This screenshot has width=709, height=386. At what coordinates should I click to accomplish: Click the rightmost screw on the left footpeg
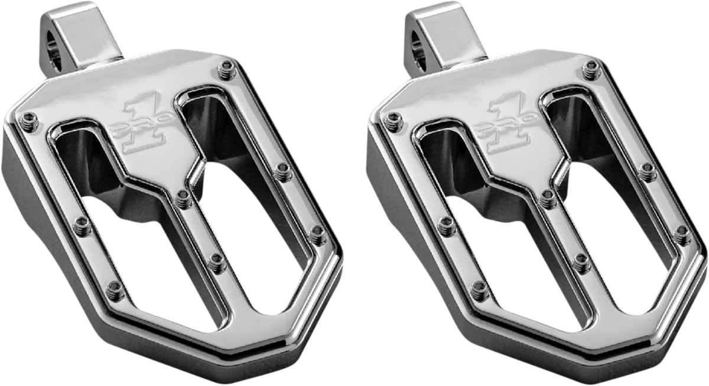[316, 228]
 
